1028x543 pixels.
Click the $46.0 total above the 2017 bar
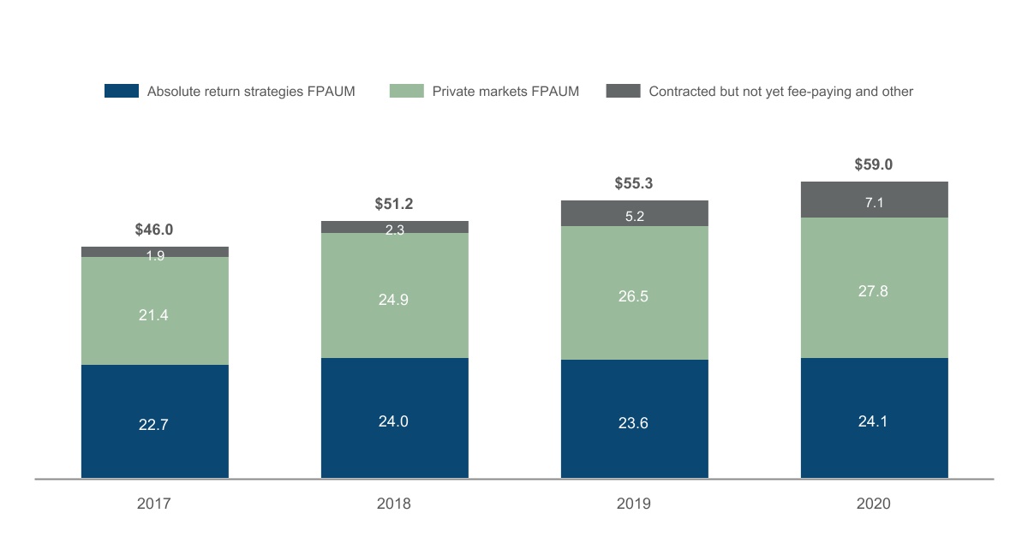click(x=154, y=230)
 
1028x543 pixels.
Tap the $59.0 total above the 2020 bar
click(x=874, y=164)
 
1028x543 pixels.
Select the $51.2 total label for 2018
click(x=394, y=204)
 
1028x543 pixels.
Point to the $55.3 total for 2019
click(x=634, y=183)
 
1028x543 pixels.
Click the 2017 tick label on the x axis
click(x=154, y=504)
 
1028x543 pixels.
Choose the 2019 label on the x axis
click(x=634, y=504)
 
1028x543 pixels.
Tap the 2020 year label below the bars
click(x=874, y=504)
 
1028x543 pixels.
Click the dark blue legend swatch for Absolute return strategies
click(x=121, y=91)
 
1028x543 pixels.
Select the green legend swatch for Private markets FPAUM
click(x=406, y=91)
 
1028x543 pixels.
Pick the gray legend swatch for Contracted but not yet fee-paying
click(x=623, y=91)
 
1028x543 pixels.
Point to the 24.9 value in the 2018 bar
click(x=394, y=300)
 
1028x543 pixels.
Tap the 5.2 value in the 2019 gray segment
click(x=634, y=217)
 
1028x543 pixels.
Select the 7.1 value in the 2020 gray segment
click(x=874, y=202)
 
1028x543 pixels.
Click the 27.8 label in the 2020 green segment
click(x=874, y=291)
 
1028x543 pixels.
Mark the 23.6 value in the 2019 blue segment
click(x=634, y=421)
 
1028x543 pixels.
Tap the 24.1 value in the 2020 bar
click(x=874, y=421)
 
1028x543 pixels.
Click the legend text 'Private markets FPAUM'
click(x=505, y=91)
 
